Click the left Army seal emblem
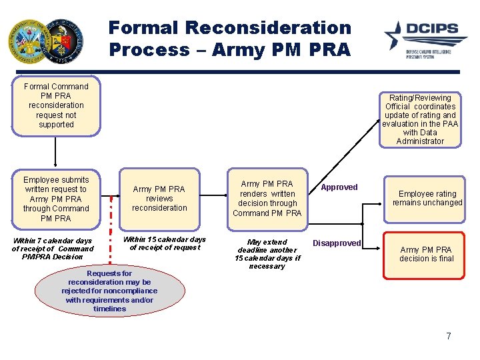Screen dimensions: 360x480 pyautogui.click(x=27, y=41)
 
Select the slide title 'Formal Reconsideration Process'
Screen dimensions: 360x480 pyautogui.click(x=229, y=38)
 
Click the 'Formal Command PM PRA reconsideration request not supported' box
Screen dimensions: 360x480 pyautogui.click(x=56, y=105)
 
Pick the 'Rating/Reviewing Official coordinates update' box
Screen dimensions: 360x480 pyautogui.click(x=420, y=119)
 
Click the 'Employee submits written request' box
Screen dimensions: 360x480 pyautogui.click(x=56, y=199)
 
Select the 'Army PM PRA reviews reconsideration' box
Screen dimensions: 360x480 pyautogui.click(x=159, y=199)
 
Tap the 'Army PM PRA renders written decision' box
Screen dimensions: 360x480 pyautogui.click(x=267, y=198)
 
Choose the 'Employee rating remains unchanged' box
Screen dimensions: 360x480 pyautogui.click(x=427, y=198)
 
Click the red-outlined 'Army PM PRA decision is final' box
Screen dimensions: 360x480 pyautogui.click(x=426, y=254)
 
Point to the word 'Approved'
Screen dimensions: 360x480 pyautogui.click(x=339, y=187)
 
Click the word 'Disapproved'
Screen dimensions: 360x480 pyautogui.click(x=337, y=243)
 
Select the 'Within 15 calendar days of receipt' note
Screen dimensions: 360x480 pyautogui.click(x=164, y=243)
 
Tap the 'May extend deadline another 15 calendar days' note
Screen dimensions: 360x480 pyautogui.click(x=267, y=254)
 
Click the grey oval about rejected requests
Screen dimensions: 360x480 pyautogui.click(x=109, y=291)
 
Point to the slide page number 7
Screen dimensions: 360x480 pyautogui.click(x=449, y=336)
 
